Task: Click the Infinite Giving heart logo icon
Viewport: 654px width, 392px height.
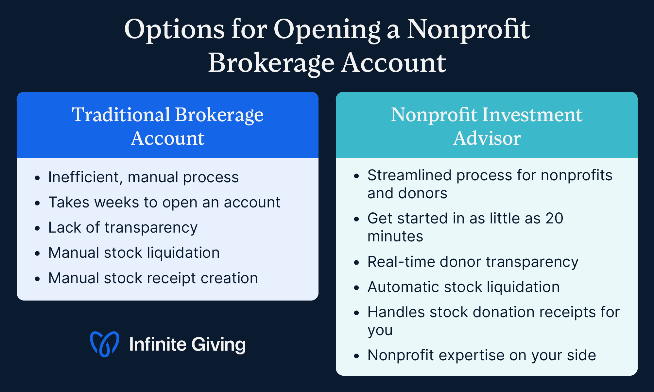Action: [104, 344]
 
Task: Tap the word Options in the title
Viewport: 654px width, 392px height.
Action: [174, 29]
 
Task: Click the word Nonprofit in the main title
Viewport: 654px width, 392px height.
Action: [468, 29]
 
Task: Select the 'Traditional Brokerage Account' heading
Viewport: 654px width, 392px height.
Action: [167, 126]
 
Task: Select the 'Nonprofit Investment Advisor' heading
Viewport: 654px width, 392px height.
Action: [487, 126]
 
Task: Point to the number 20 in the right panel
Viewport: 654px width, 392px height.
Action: [554, 218]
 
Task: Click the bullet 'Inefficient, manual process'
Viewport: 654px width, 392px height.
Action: [143, 177]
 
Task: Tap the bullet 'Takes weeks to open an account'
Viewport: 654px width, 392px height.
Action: [164, 202]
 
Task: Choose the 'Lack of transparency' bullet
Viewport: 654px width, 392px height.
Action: [123, 227]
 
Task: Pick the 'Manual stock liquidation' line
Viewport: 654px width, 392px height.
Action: [134, 253]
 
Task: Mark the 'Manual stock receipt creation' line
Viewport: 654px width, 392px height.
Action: [153, 278]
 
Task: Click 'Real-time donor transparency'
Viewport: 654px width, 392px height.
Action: [473, 262]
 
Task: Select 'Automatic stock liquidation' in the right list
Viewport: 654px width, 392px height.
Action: [463, 287]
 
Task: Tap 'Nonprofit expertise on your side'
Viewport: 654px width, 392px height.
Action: [482, 355]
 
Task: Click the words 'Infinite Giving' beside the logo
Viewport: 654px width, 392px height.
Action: [187, 344]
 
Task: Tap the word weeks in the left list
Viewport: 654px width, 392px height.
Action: [117, 202]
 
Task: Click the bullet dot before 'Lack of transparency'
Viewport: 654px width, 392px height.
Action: [37, 228]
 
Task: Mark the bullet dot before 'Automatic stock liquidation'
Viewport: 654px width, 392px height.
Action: [356, 288]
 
